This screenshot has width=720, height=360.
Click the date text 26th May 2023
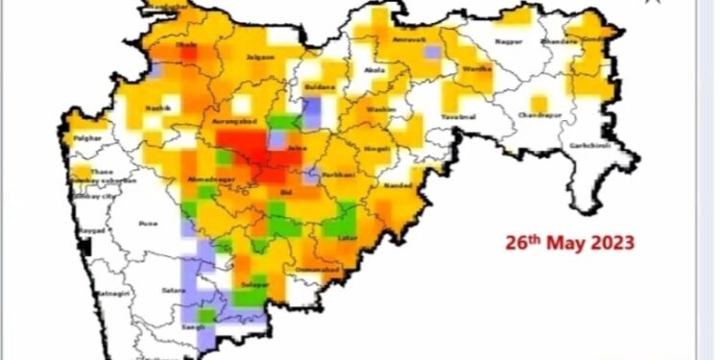pyautogui.click(x=570, y=243)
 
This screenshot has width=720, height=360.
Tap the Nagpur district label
pyautogui.click(x=508, y=42)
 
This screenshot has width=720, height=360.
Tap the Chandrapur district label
pyautogui.click(x=540, y=114)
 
